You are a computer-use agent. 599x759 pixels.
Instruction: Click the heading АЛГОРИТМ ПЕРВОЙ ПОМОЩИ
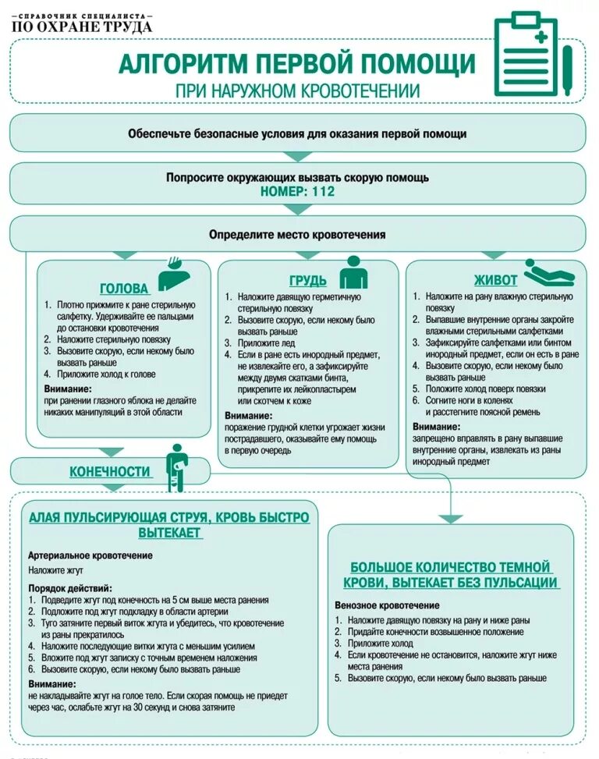pyautogui.click(x=296, y=63)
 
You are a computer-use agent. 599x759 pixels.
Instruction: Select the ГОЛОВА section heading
pyautogui.click(x=125, y=288)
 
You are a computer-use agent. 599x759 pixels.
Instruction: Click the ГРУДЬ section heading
pyautogui.click(x=307, y=281)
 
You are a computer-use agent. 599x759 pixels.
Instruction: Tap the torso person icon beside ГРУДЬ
pyautogui.click(x=353, y=272)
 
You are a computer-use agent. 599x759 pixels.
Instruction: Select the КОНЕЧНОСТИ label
pyautogui.click(x=110, y=471)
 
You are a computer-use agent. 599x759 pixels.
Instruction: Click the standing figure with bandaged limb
pyautogui.click(x=178, y=467)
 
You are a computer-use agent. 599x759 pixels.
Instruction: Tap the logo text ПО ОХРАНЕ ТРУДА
pyautogui.click(x=82, y=27)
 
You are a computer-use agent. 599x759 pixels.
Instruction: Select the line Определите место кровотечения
pyautogui.click(x=297, y=234)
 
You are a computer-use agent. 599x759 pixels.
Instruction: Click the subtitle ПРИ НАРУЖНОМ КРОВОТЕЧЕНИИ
pyautogui.click(x=296, y=90)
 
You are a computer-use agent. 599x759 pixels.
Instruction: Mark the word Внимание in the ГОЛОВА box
pyautogui.click(x=68, y=388)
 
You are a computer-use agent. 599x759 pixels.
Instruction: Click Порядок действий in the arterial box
pyautogui.click(x=69, y=587)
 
